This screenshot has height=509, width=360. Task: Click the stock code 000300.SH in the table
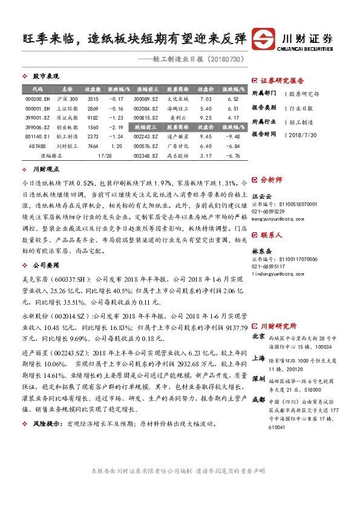point(38,99)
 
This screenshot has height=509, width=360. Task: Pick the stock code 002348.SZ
point(146,156)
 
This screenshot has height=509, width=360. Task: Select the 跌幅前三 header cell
point(146,127)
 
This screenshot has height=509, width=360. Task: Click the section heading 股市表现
point(45,77)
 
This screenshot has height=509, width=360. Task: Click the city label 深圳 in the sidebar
point(258,378)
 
